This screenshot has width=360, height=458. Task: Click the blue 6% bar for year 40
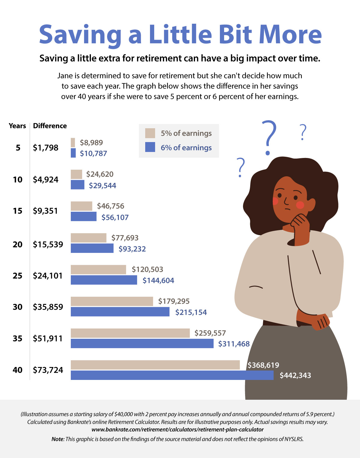click(172, 375)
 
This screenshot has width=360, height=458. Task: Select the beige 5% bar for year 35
click(130, 333)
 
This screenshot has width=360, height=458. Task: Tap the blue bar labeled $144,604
click(104, 280)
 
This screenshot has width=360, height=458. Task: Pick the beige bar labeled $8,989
click(73, 143)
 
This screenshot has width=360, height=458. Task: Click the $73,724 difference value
click(48, 370)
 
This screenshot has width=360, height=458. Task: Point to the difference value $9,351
click(45, 211)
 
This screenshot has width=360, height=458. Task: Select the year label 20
click(18, 244)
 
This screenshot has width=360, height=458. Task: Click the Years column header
click(17, 126)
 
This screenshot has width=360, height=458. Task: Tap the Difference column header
click(50, 126)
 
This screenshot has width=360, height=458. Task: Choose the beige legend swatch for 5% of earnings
click(150, 133)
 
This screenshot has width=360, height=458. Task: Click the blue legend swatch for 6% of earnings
click(150, 147)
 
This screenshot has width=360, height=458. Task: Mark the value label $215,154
click(191, 312)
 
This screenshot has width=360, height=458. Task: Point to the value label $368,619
click(263, 365)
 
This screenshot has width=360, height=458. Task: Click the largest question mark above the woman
click(269, 137)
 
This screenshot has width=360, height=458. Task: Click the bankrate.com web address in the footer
click(178, 429)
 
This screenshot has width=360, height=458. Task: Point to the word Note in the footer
click(57, 439)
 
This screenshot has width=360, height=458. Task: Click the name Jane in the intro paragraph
click(65, 76)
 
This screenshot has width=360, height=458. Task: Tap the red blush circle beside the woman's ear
click(300, 205)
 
